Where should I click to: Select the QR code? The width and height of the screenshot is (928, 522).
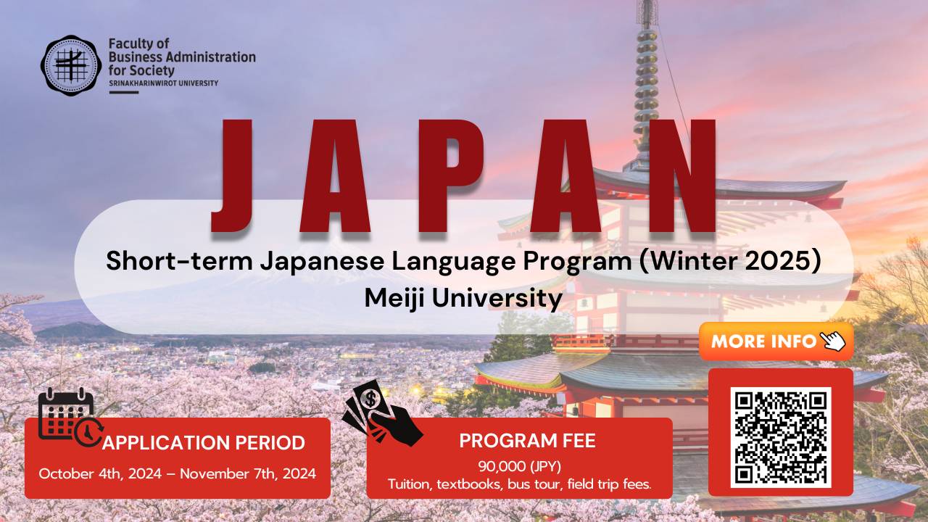tap(780, 437)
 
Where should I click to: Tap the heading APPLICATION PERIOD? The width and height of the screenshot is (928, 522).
tap(203, 443)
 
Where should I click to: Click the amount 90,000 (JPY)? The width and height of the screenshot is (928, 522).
tap(520, 465)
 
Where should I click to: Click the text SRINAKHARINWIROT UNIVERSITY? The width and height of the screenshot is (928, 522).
tap(163, 83)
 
